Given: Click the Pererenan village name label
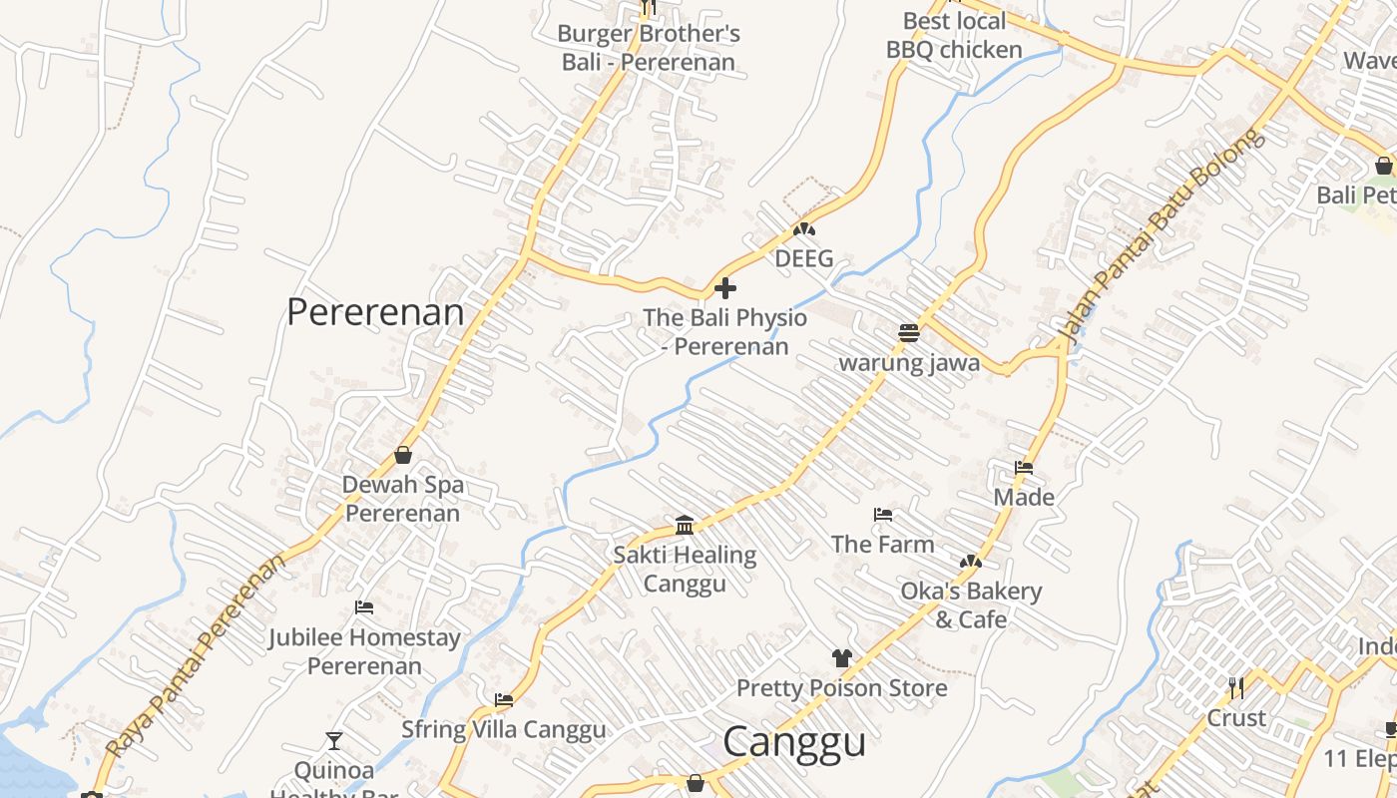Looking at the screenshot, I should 375,312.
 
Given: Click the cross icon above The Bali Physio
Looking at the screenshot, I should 725,289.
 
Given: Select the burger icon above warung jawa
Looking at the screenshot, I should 908,333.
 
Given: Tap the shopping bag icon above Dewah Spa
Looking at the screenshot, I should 403,455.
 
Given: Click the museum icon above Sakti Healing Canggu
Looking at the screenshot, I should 685,525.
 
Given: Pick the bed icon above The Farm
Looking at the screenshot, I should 882,516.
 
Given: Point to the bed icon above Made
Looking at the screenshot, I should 1024,468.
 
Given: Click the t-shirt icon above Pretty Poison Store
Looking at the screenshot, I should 842,658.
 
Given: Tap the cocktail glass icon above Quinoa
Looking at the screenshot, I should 334,741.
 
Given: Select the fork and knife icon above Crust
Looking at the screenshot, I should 1236,688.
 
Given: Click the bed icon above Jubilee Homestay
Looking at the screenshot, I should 364,607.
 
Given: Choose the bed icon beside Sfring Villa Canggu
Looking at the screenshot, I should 504,701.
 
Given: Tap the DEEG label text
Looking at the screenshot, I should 803,259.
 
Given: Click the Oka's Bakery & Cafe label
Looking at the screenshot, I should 971,604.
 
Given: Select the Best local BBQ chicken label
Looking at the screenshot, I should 954,35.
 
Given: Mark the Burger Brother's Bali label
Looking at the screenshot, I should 649,48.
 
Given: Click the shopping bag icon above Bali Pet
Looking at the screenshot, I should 1383,166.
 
